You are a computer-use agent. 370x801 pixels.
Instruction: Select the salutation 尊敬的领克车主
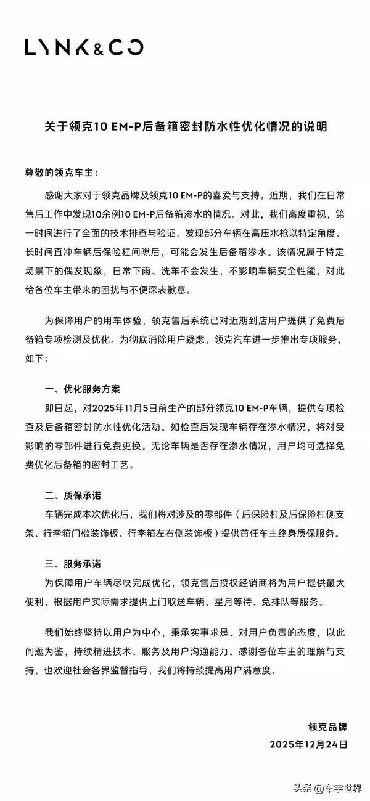[65, 170]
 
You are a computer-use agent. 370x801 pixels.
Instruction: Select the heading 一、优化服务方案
[82, 390]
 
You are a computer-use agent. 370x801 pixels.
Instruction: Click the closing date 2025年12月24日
[308, 744]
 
